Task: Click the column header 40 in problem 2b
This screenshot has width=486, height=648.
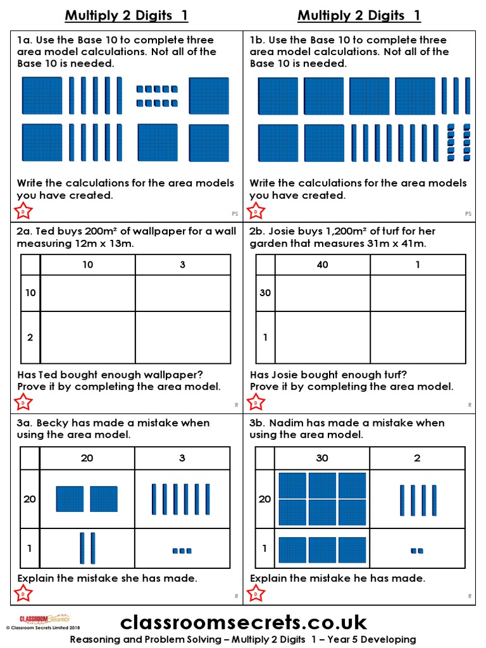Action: (322, 265)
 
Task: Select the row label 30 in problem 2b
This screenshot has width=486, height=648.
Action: (265, 293)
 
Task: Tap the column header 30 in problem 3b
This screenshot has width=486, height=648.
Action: (322, 458)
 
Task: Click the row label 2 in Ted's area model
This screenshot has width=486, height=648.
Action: (30, 337)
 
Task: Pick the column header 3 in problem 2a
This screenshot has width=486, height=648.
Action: (182, 265)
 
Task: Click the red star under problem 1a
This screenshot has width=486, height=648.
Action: (23, 211)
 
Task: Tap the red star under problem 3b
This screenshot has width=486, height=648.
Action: (256, 594)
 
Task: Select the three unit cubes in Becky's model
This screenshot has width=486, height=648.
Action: (182, 551)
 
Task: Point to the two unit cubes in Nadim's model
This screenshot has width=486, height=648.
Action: (417, 551)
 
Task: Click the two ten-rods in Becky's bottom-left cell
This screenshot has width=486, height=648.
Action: (87, 548)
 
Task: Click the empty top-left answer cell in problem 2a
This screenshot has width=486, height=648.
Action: (87, 293)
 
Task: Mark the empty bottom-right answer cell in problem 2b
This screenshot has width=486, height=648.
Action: (417, 337)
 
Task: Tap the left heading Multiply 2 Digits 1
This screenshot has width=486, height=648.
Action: (127, 16)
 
